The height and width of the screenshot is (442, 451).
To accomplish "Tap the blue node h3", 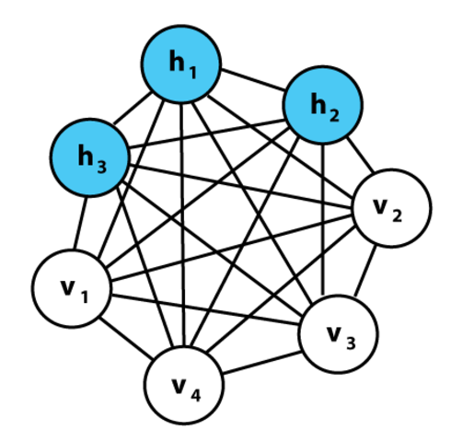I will click(x=89, y=157).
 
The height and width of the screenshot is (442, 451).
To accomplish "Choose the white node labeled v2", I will click(x=391, y=210).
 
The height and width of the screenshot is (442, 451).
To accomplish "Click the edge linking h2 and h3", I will click(x=204, y=132).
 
